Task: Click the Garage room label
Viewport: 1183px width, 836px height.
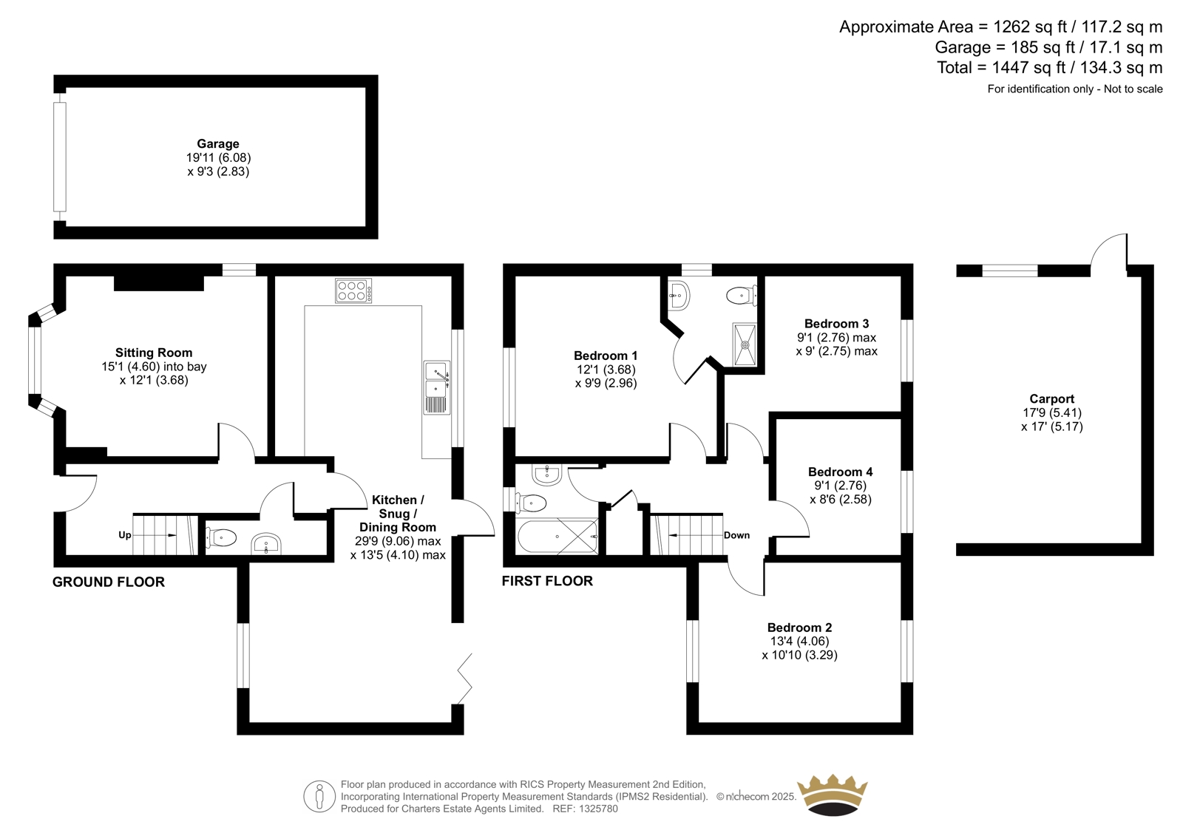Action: [x=218, y=143]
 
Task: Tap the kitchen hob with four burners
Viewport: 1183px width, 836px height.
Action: [x=353, y=290]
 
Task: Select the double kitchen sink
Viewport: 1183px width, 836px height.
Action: [x=437, y=387]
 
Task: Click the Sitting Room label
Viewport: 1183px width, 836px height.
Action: [x=154, y=353]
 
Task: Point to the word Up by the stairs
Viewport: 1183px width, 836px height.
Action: [x=125, y=535]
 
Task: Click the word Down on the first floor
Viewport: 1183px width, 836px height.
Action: [x=736, y=535]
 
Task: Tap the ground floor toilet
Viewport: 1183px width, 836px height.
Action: [x=221, y=538]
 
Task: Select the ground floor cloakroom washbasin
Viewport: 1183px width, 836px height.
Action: [x=266, y=544]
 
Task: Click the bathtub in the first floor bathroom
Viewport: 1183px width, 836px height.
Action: [x=557, y=537]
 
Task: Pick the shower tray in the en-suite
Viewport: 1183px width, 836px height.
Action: [x=745, y=345]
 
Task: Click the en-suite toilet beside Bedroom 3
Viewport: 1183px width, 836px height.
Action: [x=742, y=295]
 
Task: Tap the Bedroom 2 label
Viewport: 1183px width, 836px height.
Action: [x=799, y=628]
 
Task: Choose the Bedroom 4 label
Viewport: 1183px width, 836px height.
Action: [x=840, y=472]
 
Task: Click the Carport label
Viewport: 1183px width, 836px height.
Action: [x=1052, y=399]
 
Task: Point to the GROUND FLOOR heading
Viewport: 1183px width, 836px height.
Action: [x=108, y=582]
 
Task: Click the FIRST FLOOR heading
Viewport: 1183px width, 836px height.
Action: [x=547, y=581]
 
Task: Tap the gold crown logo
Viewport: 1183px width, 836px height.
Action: [x=833, y=795]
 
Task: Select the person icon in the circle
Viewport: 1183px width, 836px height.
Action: [x=319, y=796]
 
